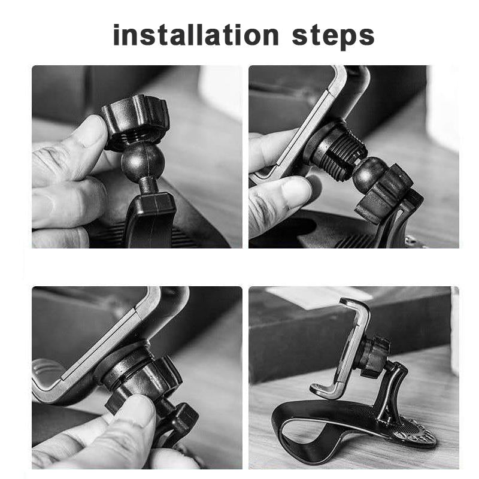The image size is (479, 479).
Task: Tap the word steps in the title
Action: click(334, 36)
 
